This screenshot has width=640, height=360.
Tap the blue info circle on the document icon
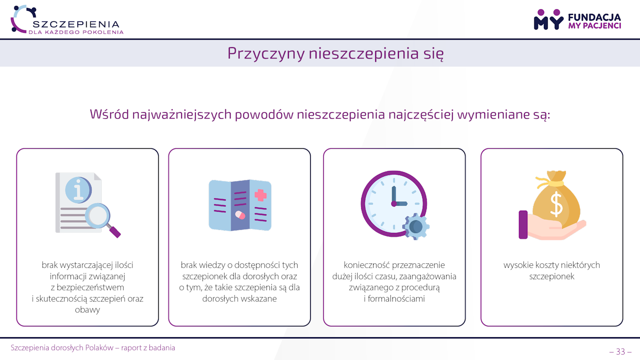pyautogui.click(x=78, y=190)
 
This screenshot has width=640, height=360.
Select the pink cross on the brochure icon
pyautogui.click(x=260, y=195)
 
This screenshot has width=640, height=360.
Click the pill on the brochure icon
pyautogui.click(x=240, y=215)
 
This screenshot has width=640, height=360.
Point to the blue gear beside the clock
pyautogui.click(x=416, y=227)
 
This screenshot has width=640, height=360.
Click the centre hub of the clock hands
pyautogui.click(x=394, y=203)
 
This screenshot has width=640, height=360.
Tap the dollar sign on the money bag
pyautogui.click(x=556, y=204)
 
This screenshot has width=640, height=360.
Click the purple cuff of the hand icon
pyautogui.click(x=523, y=225)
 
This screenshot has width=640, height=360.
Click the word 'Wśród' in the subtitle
pyautogui.click(x=109, y=114)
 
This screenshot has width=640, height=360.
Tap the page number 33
pyautogui.click(x=620, y=352)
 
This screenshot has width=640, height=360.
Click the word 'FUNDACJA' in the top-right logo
pyautogui.click(x=594, y=17)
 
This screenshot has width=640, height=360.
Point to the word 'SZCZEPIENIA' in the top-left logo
pyautogui.click(x=76, y=24)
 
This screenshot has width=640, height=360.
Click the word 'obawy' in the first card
pyautogui.click(x=87, y=310)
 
